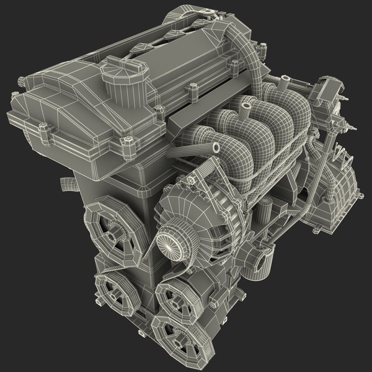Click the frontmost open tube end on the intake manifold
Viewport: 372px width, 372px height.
point(216,148)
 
